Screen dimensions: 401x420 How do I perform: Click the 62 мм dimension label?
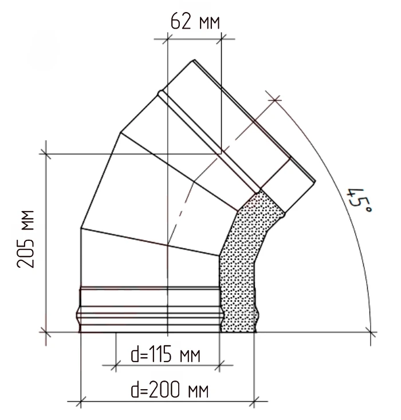pos(195,21)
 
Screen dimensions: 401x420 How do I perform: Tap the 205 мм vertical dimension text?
pos(26,239)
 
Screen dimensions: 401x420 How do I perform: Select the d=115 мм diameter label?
pos(166,354)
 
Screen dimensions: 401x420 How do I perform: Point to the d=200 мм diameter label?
pos(170,390)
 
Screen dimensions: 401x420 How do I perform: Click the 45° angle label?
pos(359,200)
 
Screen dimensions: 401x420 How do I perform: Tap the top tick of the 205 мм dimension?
pos(46,154)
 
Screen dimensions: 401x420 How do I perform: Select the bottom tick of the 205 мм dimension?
pos(46,332)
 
